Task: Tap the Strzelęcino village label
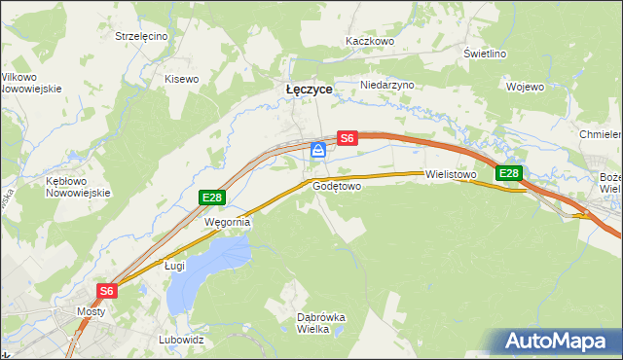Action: (x=141, y=36)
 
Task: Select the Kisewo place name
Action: (x=181, y=79)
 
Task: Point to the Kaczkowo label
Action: (x=369, y=42)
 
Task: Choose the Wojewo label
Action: (x=525, y=86)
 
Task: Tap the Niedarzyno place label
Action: (x=387, y=85)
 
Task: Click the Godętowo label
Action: (x=337, y=185)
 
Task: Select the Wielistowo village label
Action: (x=451, y=175)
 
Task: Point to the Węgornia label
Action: (x=227, y=222)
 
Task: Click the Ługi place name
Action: (x=174, y=265)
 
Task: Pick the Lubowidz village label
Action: (x=181, y=341)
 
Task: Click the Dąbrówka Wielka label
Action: (x=321, y=323)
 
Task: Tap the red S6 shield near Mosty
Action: (x=107, y=290)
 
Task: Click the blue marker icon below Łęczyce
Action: (x=318, y=150)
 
